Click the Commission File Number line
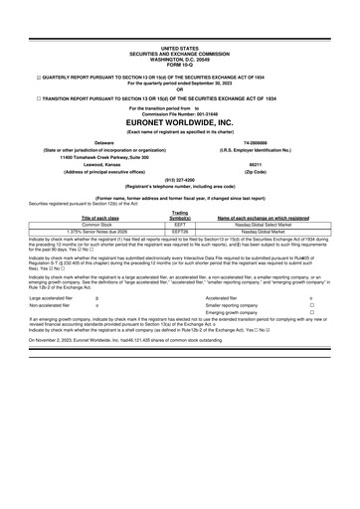coord(180,110)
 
